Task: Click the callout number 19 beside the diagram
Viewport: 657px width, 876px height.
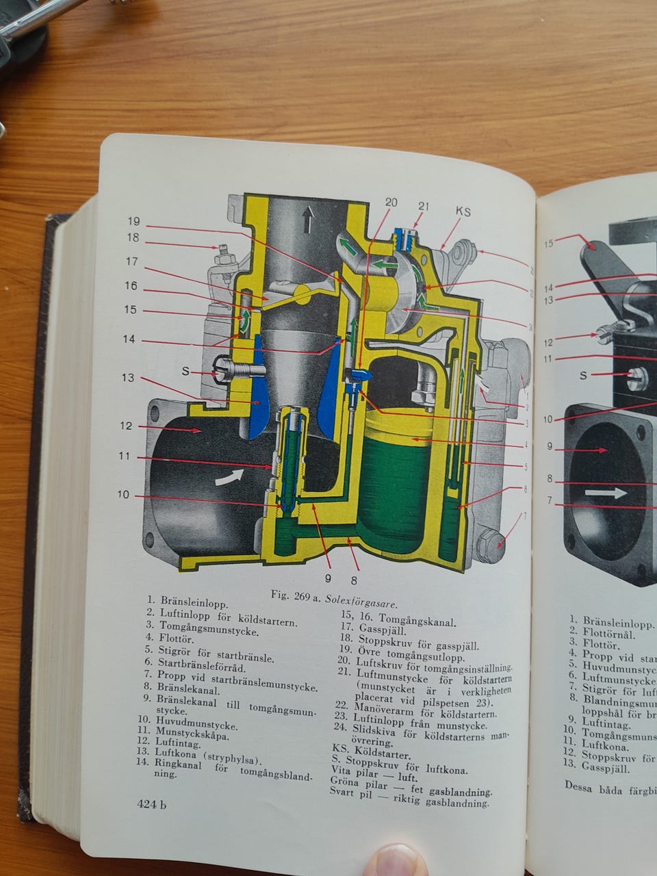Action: point(133,221)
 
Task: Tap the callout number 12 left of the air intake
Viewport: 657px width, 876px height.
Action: point(126,426)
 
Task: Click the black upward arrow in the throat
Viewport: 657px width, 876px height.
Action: point(309,220)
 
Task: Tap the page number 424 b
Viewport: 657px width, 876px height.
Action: point(151,805)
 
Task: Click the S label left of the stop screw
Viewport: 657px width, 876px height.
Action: point(185,372)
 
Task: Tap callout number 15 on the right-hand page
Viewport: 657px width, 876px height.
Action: point(548,242)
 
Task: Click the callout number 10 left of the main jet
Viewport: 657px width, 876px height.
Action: point(123,495)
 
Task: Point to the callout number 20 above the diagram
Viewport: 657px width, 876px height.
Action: point(391,202)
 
